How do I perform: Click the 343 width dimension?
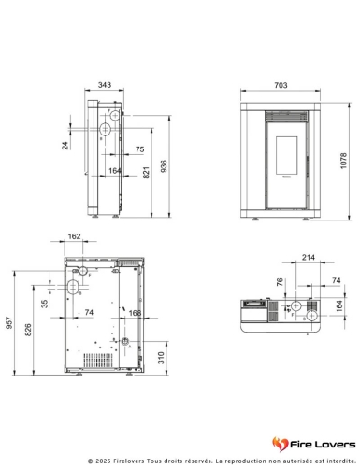click(x=105, y=85)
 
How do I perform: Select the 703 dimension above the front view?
click(x=281, y=85)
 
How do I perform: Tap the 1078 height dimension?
click(x=343, y=161)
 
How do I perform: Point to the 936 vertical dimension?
click(x=164, y=166)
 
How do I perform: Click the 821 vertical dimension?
click(x=146, y=173)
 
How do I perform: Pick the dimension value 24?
click(x=65, y=146)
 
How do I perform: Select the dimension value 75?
click(x=139, y=149)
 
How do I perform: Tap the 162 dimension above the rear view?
click(x=74, y=236)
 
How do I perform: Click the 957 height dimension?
click(x=9, y=323)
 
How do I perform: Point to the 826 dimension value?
click(x=28, y=330)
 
